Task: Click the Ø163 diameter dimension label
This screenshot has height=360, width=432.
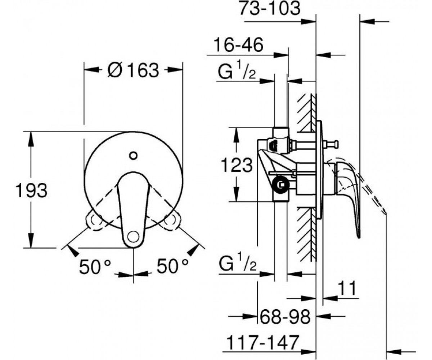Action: (133, 70)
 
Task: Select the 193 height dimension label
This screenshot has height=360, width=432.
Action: (32, 190)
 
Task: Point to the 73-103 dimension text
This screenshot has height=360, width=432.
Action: (270, 8)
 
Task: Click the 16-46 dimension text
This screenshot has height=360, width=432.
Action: (238, 45)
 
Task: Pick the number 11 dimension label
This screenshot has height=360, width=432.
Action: (347, 288)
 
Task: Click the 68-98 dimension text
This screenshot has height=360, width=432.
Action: (285, 316)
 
